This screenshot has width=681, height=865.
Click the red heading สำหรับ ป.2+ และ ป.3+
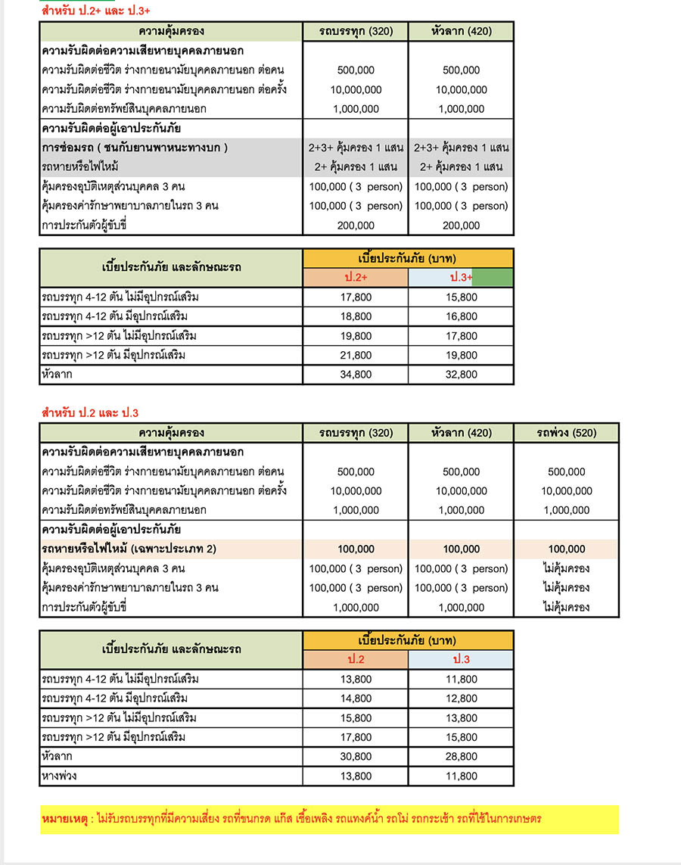click(96, 11)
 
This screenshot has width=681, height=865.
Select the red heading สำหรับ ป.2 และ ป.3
click(89, 412)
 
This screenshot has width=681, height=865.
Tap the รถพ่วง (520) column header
click(566, 433)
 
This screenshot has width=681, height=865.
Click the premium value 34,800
click(356, 374)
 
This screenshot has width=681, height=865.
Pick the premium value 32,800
click(461, 374)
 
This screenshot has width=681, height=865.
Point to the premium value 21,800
click(356, 355)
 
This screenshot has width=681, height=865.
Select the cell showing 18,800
click(356, 316)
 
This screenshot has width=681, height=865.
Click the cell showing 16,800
click(461, 316)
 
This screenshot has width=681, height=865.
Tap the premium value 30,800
click(356, 756)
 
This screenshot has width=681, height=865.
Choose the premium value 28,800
click(461, 756)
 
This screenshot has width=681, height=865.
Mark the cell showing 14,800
click(356, 699)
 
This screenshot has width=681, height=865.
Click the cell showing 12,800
click(461, 699)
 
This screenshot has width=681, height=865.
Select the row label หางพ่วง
click(59, 776)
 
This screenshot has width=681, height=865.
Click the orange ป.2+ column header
click(356, 278)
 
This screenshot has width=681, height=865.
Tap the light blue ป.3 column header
click(461, 659)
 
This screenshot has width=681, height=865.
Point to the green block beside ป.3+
click(493, 278)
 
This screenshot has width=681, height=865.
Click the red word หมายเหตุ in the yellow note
click(67, 819)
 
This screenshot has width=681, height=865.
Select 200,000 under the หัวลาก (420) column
click(461, 225)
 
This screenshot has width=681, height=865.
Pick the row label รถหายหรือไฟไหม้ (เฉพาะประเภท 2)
click(129, 549)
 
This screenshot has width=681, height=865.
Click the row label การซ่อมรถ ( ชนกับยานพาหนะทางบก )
click(135, 147)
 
